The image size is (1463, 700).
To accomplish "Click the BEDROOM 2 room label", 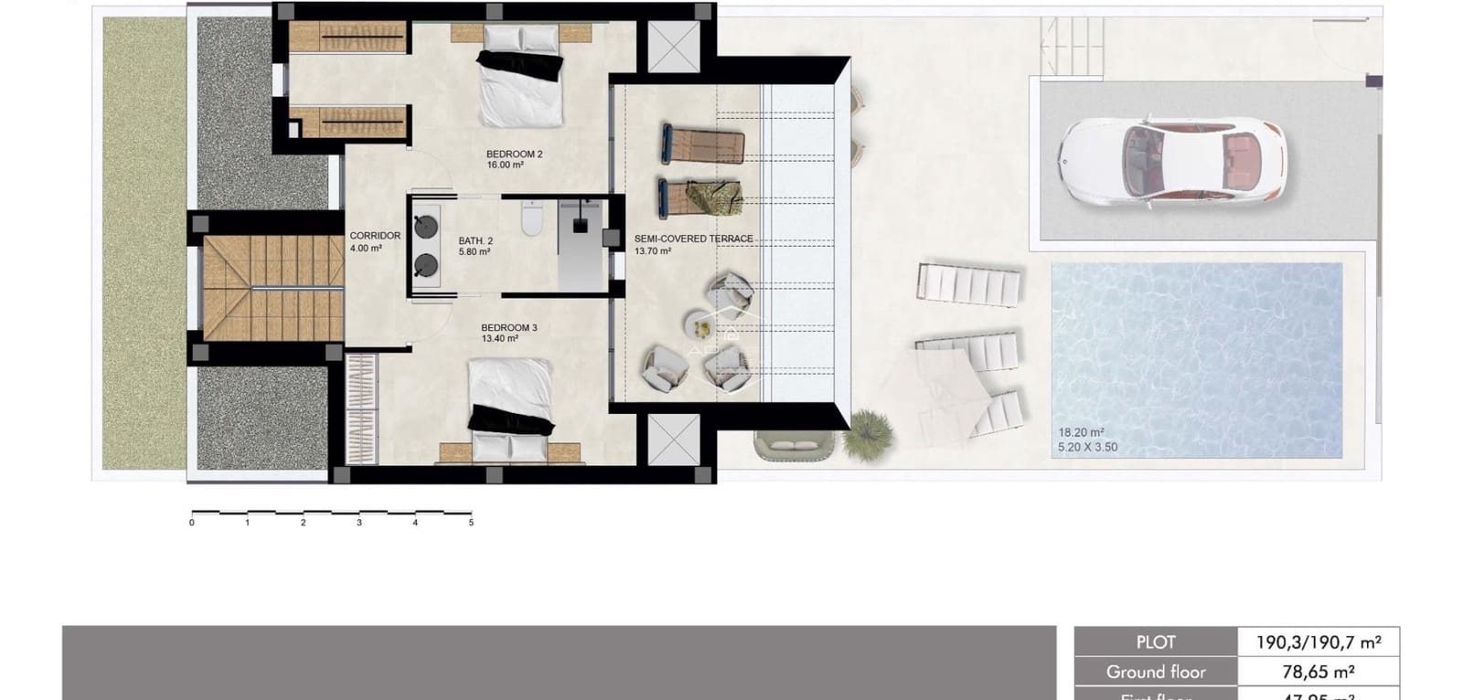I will tap(514, 154).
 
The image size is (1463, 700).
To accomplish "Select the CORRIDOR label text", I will tap(375, 236).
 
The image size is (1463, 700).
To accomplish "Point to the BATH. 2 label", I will tap(475, 241).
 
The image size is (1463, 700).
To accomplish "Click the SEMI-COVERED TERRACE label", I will tap(693, 239).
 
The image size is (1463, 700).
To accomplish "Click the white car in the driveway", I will tap(1172, 160).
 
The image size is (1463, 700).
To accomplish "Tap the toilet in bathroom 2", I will tap(532, 220).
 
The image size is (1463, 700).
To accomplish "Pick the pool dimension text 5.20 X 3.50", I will tap(1087, 447).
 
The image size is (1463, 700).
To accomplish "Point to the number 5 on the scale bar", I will tap(471, 523).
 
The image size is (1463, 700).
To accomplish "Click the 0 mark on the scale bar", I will tap(192, 523).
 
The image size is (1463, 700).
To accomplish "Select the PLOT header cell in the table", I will tap(1156, 642).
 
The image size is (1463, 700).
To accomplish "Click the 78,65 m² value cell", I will tap(1318, 672).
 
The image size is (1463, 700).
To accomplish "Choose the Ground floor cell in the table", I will tap(1156, 672).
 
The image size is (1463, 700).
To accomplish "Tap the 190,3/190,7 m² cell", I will tap(1318, 642).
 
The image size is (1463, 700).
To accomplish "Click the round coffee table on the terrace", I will tap(699, 323).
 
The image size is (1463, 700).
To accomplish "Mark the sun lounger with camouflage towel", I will tap(701, 197).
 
